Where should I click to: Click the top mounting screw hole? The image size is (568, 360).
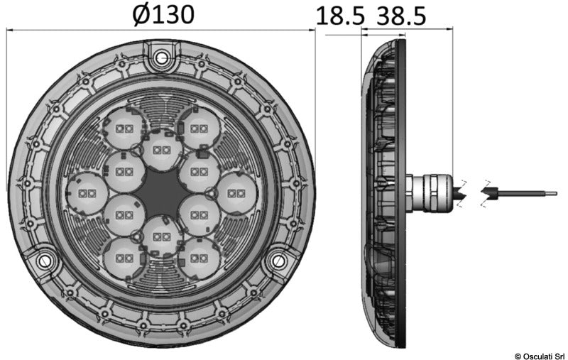[162, 56]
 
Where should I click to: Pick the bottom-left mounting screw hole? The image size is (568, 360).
[45, 261]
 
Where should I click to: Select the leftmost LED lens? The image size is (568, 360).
[89, 193]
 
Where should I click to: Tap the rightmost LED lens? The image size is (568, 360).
[236, 192]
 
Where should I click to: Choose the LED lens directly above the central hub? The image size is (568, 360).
[162, 150]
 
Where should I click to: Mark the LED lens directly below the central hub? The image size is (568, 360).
[162, 235]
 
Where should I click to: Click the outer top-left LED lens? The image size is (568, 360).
[124, 129]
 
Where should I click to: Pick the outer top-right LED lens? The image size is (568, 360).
[199, 129]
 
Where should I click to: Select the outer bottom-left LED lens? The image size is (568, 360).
[124, 256]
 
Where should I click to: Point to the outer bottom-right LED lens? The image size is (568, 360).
[199, 256]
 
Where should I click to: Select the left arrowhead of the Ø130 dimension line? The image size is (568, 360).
[11, 30]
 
